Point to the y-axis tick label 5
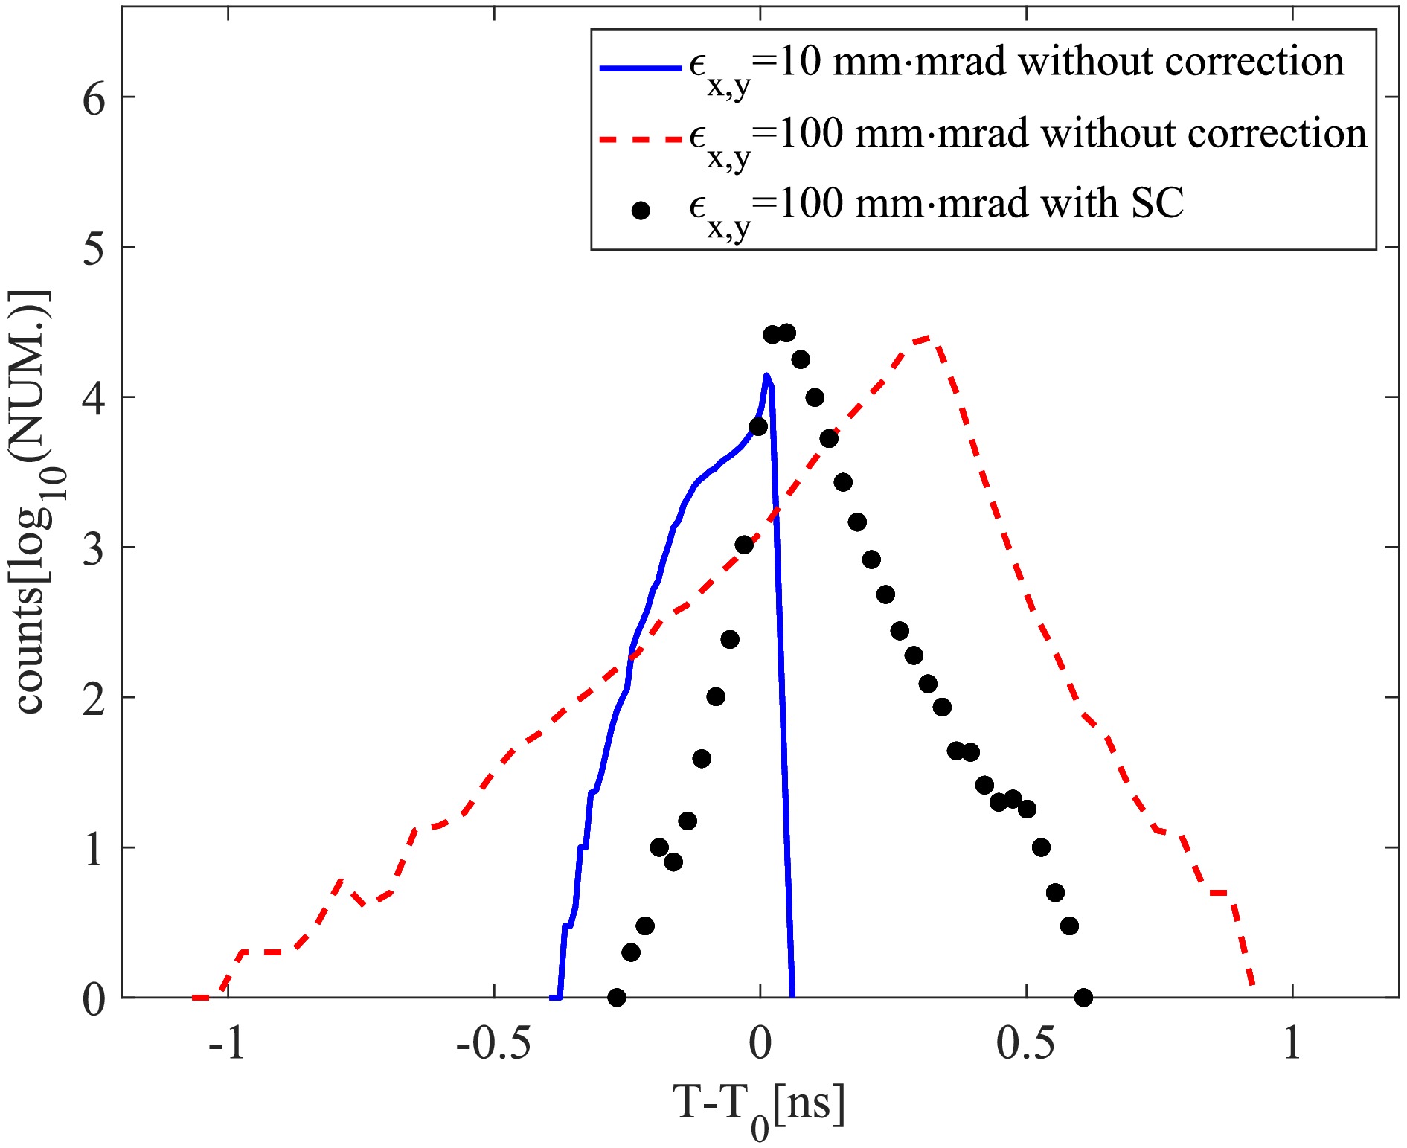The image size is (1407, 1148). (94, 248)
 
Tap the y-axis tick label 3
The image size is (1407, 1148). (94, 549)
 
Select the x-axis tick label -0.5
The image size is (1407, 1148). (493, 1044)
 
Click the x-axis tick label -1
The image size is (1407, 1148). (227, 1044)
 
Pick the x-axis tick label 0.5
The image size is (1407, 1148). (1025, 1044)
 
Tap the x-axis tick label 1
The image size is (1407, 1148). (1292, 1044)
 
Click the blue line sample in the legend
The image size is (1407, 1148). (641, 68)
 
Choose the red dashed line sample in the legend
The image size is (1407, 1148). (641, 139)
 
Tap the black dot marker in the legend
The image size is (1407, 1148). (641, 211)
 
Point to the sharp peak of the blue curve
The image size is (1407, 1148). (766, 375)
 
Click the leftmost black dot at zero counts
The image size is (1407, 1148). (616, 997)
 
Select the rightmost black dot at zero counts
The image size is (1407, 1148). (1083, 997)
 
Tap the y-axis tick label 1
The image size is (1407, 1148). (94, 849)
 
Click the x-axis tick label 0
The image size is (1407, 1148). (760, 1044)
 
